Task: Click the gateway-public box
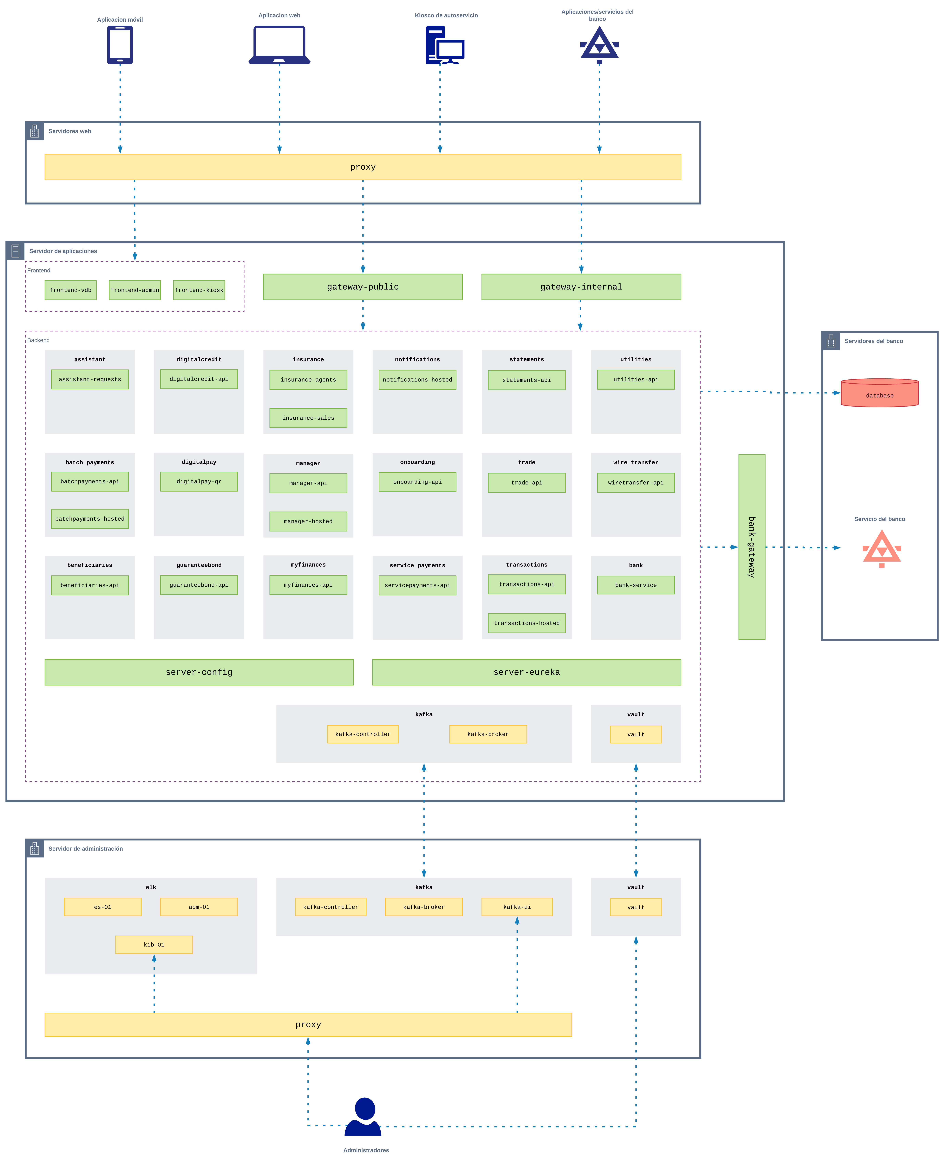click(363, 287)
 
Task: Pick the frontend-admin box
click(135, 290)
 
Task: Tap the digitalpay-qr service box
click(199, 481)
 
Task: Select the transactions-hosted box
click(526, 623)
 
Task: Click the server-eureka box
click(526, 672)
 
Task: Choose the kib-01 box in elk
click(154, 945)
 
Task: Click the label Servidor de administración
click(85, 848)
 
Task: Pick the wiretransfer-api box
click(636, 482)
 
